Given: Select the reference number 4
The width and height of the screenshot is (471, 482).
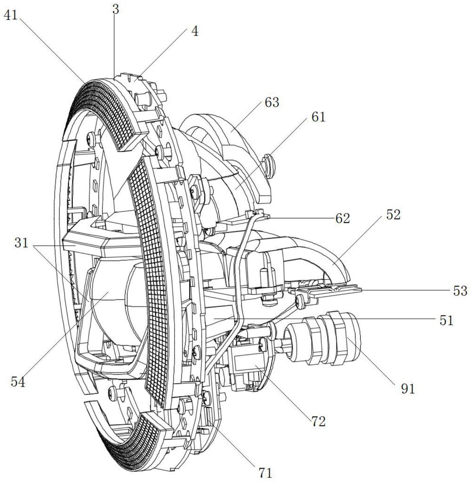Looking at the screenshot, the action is [195, 31].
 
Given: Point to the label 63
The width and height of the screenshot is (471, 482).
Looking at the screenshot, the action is [272, 103].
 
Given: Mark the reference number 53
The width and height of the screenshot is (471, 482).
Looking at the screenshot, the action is [460, 291].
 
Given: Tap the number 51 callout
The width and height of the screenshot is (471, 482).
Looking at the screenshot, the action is [446, 320].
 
